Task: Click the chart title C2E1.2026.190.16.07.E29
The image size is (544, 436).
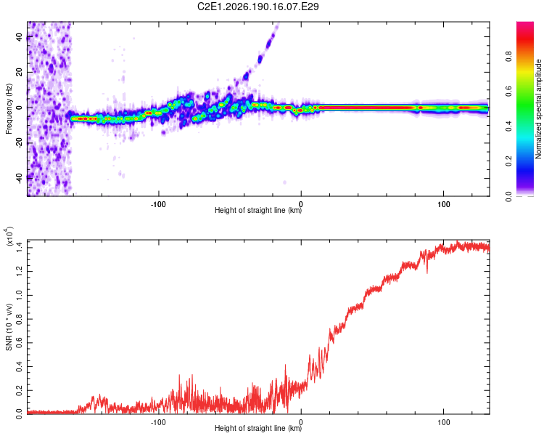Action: (x=257, y=7)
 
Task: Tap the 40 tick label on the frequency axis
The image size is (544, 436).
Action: (x=19, y=37)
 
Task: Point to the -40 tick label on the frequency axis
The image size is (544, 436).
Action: (x=19, y=179)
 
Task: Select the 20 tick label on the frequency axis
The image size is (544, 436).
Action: (x=19, y=73)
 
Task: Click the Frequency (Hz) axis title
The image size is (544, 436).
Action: (x=9, y=109)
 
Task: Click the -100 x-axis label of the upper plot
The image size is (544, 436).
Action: (x=158, y=204)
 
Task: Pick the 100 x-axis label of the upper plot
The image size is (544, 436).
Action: (x=444, y=204)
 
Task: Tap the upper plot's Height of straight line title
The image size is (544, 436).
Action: (x=258, y=210)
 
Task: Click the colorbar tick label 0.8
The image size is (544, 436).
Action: (x=508, y=57)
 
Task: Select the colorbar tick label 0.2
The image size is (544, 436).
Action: (x=508, y=161)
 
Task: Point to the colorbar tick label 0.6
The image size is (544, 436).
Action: (x=508, y=92)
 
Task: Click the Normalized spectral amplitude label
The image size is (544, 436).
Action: (x=538, y=109)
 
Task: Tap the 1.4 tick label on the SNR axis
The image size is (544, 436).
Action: (x=19, y=248)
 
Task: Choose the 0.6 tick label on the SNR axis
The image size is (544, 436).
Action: (x=19, y=343)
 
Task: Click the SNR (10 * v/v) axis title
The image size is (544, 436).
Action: (x=9, y=327)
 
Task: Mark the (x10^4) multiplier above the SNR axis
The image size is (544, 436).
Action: (x=9, y=236)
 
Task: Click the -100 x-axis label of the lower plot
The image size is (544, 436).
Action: (x=158, y=422)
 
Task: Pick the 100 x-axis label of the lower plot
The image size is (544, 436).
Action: (x=444, y=422)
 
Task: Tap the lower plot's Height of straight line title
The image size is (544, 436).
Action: (x=258, y=428)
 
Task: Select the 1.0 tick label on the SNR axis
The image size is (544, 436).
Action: (x=19, y=295)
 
